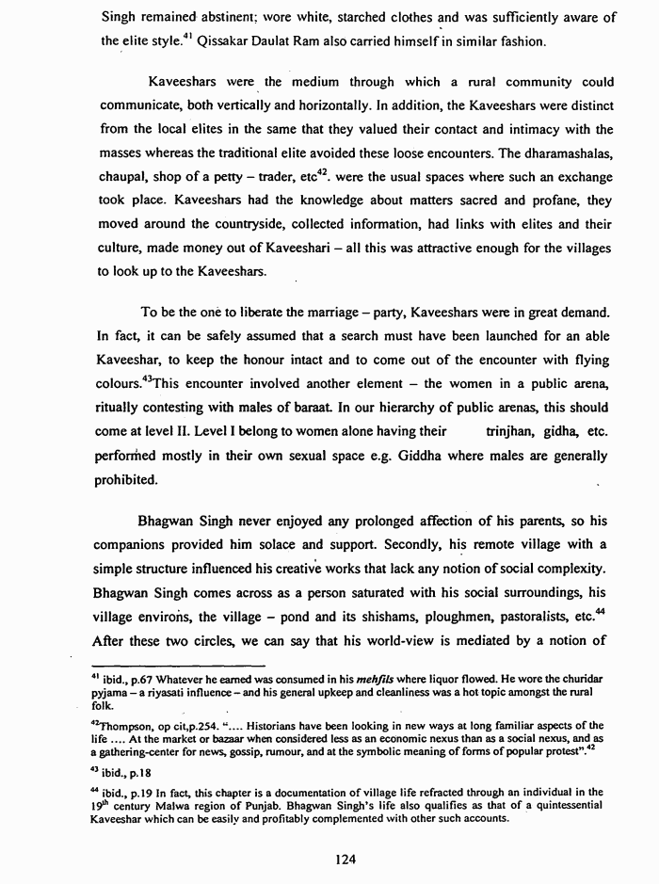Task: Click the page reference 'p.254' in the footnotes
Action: [x=226, y=724]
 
